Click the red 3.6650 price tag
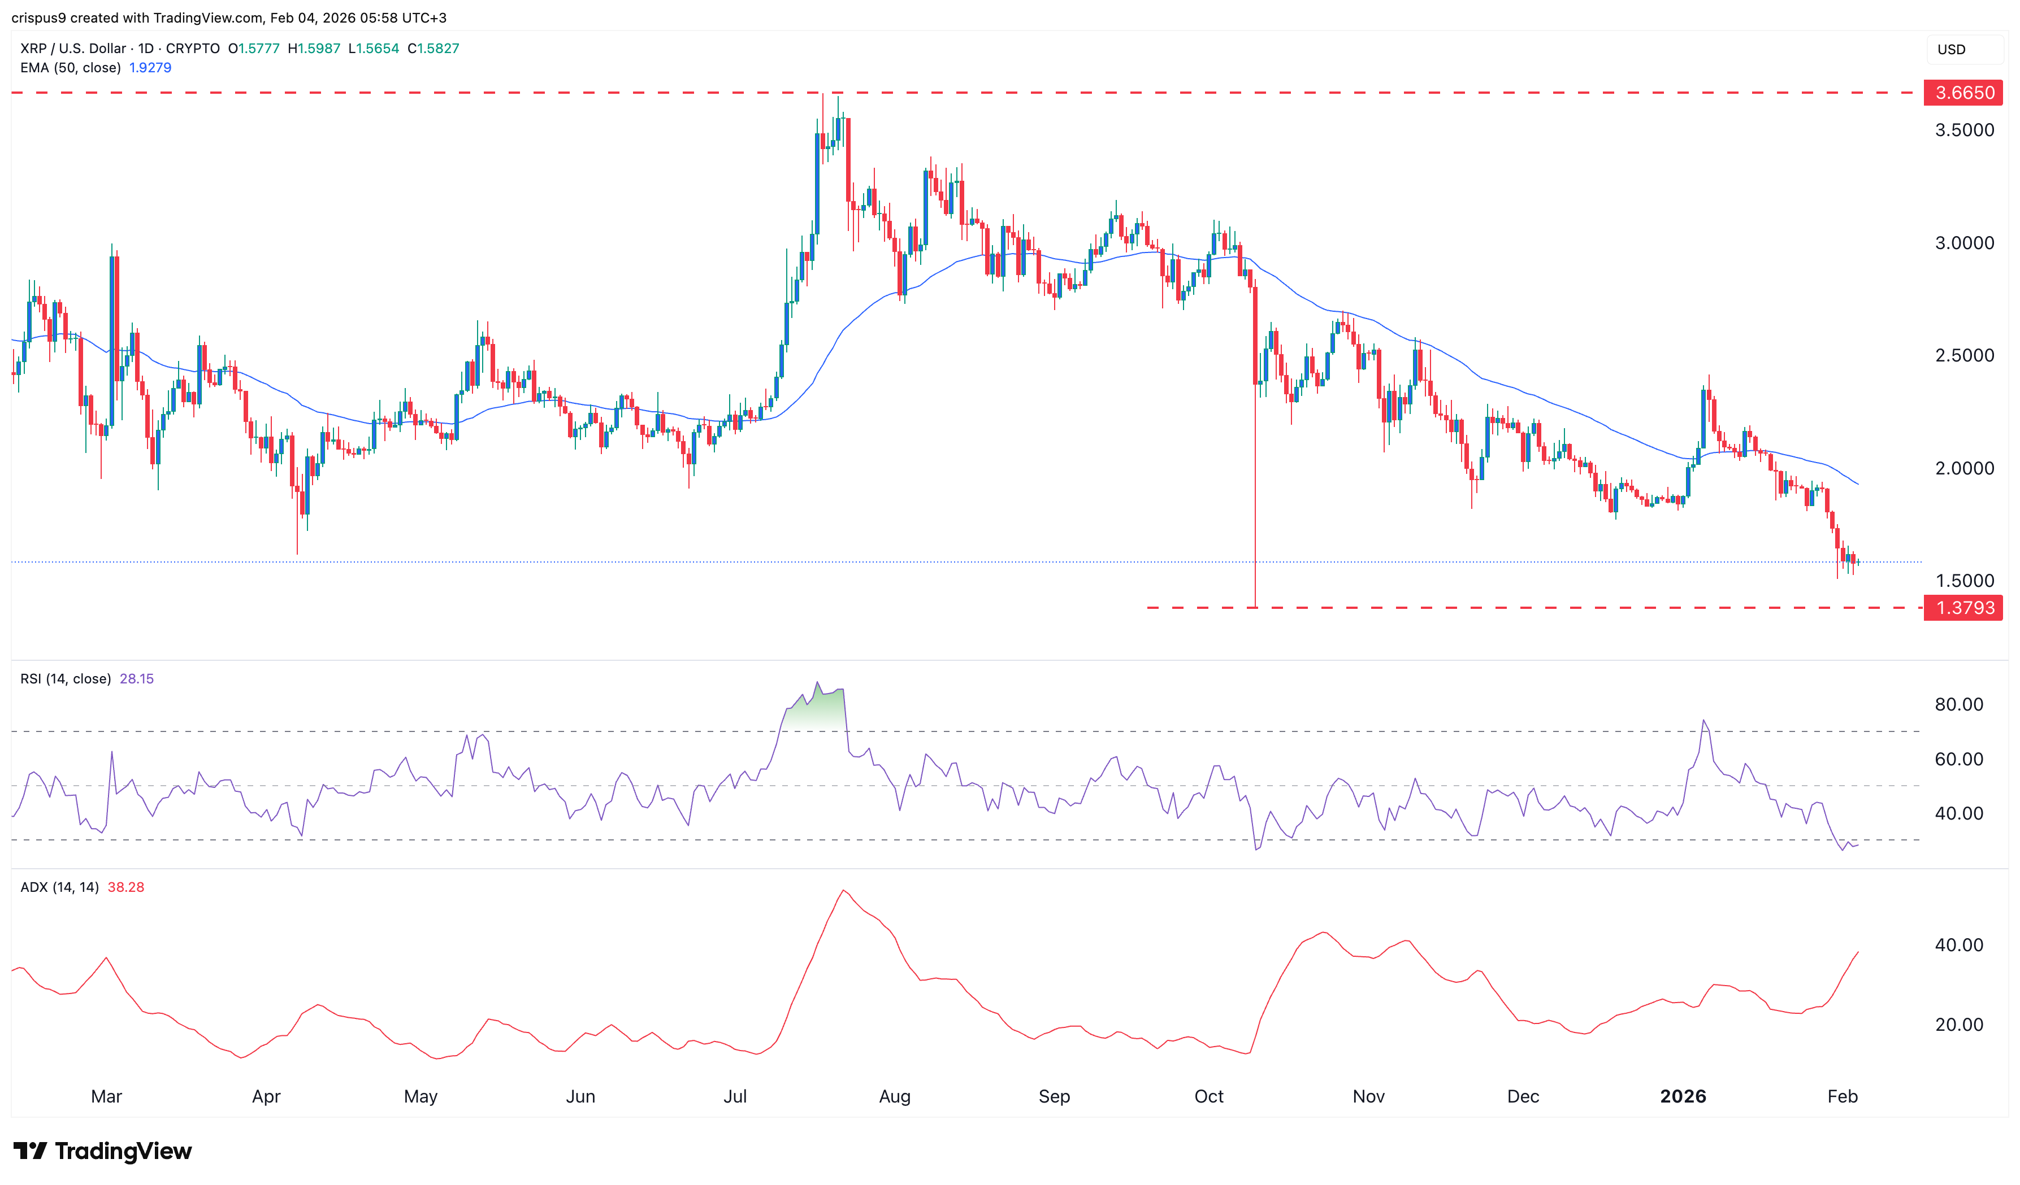[x=1963, y=93]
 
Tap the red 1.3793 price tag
[x=1963, y=608]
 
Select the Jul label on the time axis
[x=735, y=1097]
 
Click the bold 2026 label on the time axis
[x=1683, y=1097]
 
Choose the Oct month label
[x=1209, y=1097]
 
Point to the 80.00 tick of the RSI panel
[x=1958, y=705]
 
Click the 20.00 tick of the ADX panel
[x=1958, y=1025]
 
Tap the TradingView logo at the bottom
[x=103, y=1151]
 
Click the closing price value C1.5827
[x=434, y=49]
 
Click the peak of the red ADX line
[x=843, y=890]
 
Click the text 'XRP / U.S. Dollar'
[x=73, y=49]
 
